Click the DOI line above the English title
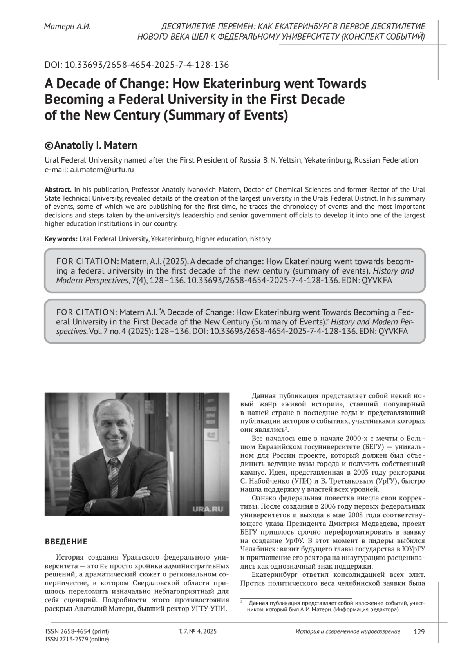click(137, 65)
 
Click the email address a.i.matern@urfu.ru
click(102, 170)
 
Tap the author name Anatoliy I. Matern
click(96, 146)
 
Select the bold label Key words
click(61, 239)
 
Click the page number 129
click(419, 631)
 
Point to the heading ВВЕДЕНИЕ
click(66, 542)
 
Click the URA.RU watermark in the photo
click(208, 509)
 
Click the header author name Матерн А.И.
click(67, 27)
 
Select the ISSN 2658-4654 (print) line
click(77, 631)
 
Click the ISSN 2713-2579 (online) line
click(77, 639)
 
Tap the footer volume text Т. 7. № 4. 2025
click(197, 631)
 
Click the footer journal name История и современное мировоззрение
click(348, 631)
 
